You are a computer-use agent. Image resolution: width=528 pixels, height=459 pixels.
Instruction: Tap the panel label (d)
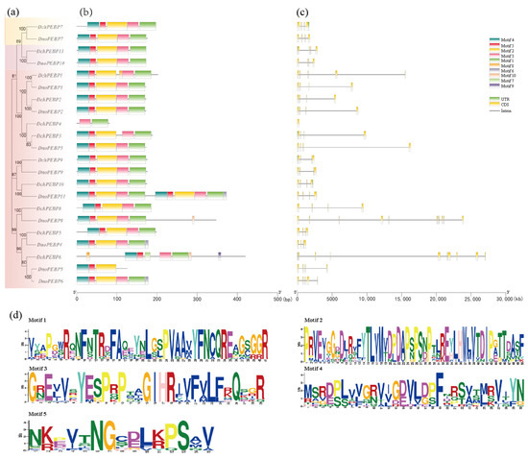tap(9, 314)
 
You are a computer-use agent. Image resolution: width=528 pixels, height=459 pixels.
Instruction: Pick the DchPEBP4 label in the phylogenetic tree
tap(49, 123)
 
